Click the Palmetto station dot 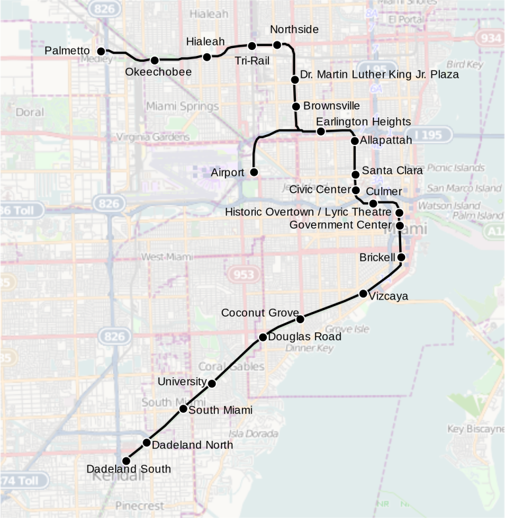[x=101, y=51]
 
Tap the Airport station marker [x=254, y=172]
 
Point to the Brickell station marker [x=401, y=257]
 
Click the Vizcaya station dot [x=363, y=294]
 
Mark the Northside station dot [x=277, y=45]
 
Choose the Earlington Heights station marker [x=321, y=132]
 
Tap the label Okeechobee [x=158, y=72]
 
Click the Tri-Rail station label [x=252, y=61]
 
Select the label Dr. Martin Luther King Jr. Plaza [x=379, y=74]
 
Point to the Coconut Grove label [x=260, y=313]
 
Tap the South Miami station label [x=220, y=410]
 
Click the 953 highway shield [x=242, y=274]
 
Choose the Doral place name [x=30, y=113]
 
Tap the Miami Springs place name [x=182, y=107]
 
